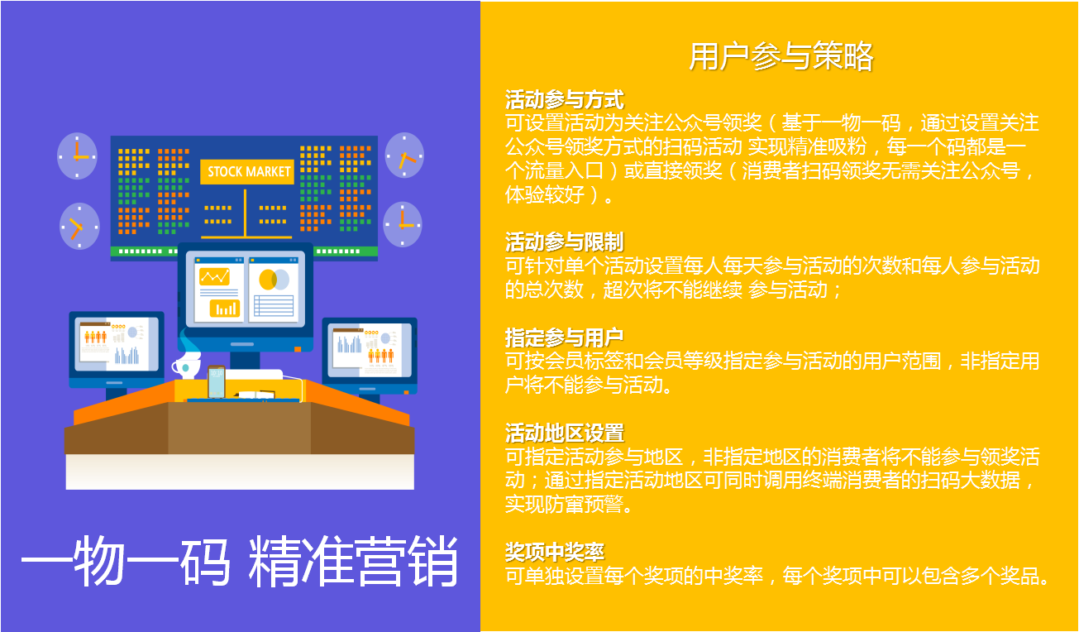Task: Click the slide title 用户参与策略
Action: (x=781, y=56)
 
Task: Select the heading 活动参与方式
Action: (x=565, y=100)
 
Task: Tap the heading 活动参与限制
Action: (x=565, y=242)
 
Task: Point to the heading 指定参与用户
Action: (x=565, y=338)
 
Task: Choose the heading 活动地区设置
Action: (x=565, y=433)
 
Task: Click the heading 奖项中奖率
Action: (x=555, y=552)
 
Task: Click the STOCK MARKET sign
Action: (x=247, y=171)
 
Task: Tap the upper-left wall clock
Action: (x=77, y=156)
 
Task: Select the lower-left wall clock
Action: (x=79, y=226)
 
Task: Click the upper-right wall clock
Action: (x=404, y=156)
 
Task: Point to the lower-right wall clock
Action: (x=403, y=225)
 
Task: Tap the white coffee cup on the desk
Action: (x=186, y=367)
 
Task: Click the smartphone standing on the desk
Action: (x=217, y=382)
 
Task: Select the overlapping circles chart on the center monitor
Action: (x=274, y=280)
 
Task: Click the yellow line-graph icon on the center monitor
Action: (x=215, y=277)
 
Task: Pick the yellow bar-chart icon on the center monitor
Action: (x=225, y=308)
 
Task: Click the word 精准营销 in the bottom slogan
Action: (x=353, y=561)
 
